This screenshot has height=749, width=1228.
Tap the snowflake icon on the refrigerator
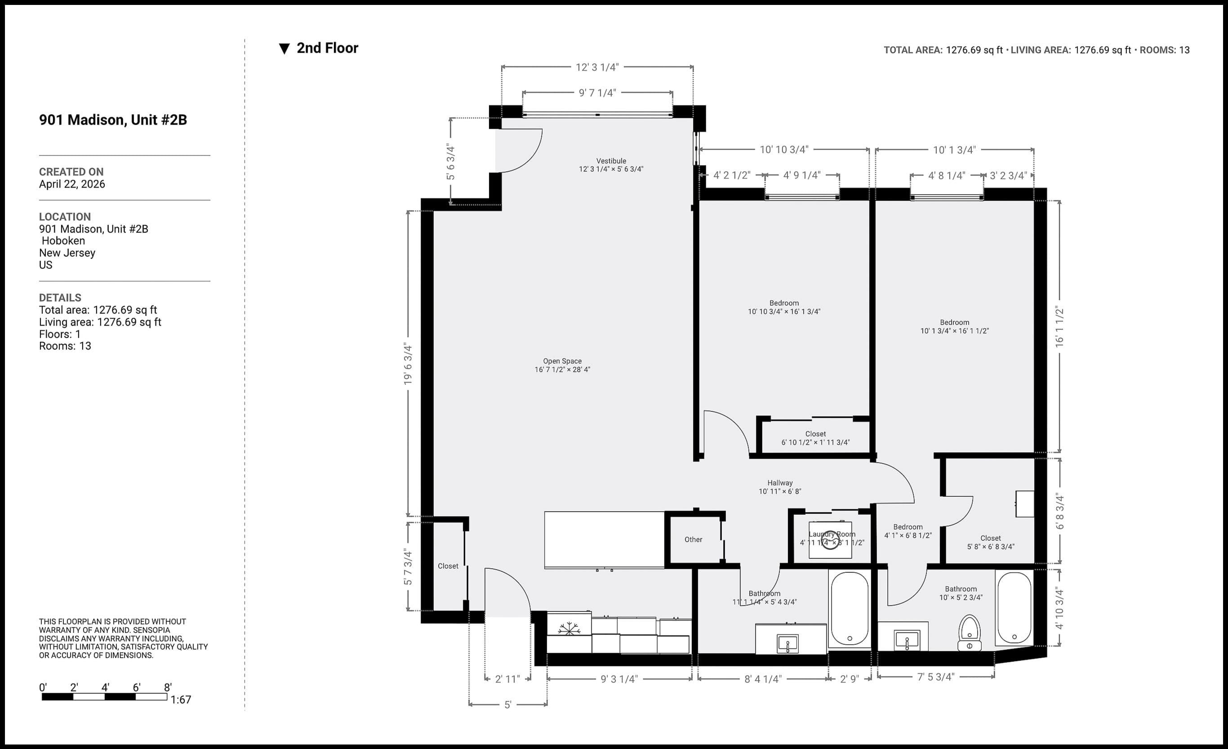[x=569, y=629]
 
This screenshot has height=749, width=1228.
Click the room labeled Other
[x=693, y=539]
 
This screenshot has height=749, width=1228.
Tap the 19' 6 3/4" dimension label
[x=408, y=364]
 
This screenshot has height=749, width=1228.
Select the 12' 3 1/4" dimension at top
[x=596, y=67]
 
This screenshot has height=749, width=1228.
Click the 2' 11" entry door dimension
[x=507, y=679]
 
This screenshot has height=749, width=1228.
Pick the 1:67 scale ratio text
[x=180, y=700]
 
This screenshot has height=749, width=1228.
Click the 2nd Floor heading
[x=327, y=49]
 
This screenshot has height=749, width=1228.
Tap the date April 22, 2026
[x=72, y=184]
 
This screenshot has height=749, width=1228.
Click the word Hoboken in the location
[x=63, y=241]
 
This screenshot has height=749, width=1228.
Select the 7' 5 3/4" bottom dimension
[x=935, y=677]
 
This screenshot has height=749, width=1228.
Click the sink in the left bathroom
[x=788, y=643]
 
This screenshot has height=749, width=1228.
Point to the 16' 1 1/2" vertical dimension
[x=1059, y=327]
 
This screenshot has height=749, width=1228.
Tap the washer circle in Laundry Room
[x=830, y=541]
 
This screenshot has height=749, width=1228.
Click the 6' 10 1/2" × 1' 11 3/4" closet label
[x=815, y=442]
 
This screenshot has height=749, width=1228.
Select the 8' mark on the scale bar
[x=168, y=687]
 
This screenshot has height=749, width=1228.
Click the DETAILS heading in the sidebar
[x=60, y=298]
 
